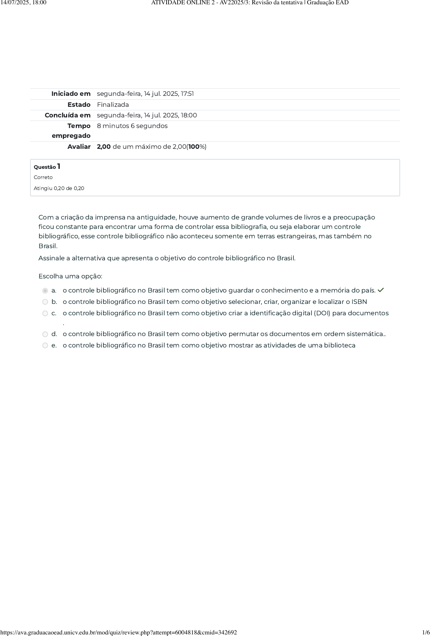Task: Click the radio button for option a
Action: [x=45, y=291]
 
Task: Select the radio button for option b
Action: [x=45, y=302]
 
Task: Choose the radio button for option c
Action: [x=45, y=313]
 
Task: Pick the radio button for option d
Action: [x=45, y=334]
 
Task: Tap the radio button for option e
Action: [x=45, y=345]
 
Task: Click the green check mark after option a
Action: [x=381, y=290]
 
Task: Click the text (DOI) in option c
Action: [x=322, y=313]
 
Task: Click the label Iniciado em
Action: [x=71, y=94]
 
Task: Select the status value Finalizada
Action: [x=113, y=105]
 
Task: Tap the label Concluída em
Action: [x=68, y=115]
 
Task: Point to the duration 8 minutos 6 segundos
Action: [x=132, y=126]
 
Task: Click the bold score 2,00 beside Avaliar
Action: [x=104, y=147]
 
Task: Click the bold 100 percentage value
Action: [x=194, y=147]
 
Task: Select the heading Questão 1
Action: [x=47, y=167]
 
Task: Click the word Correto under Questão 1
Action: [x=43, y=177]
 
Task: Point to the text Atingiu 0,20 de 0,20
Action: [x=59, y=188]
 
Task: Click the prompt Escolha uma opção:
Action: [x=70, y=276]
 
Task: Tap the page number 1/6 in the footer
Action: [x=426, y=632]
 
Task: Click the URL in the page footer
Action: [x=119, y=632]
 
